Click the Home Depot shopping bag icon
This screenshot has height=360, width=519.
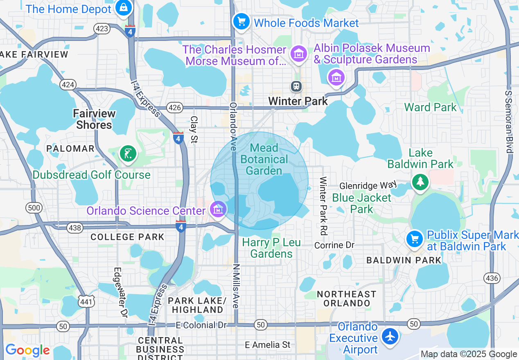[123, 8]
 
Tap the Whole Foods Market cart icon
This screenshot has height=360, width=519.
[241, 21]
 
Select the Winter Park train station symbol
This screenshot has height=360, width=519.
[296, 86]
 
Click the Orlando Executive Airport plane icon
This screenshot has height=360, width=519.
[390, 337]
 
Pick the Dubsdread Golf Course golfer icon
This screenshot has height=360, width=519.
[128, 154]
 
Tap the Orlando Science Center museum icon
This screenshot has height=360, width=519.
[218, 210]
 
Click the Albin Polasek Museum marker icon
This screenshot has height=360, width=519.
[336, 77]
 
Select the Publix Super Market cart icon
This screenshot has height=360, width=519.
[415, 239]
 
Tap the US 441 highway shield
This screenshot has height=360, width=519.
[88, 302]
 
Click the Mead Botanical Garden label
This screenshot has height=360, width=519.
[264, 159]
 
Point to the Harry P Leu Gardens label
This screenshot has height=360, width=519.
[271, 248]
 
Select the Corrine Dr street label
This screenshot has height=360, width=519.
[334, 245]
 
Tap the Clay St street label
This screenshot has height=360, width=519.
[194, 129]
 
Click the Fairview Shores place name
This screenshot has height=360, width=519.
[94, 119]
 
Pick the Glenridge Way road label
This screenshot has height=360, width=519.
[368, 186]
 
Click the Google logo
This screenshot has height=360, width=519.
[27, 350]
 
